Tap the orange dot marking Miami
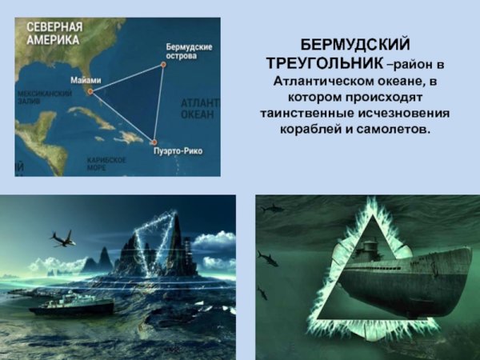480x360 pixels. pyautogui.click(x=90, y=90)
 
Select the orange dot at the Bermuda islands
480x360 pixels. pyautogui.click(x=163, y=66)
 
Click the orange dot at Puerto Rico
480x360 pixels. pyautogui.click(x=154, y=142)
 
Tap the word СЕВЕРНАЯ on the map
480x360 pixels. pyautogui.click(x=55, y=25)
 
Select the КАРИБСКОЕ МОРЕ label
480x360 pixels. pyautogui.click(x=106, y=164)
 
